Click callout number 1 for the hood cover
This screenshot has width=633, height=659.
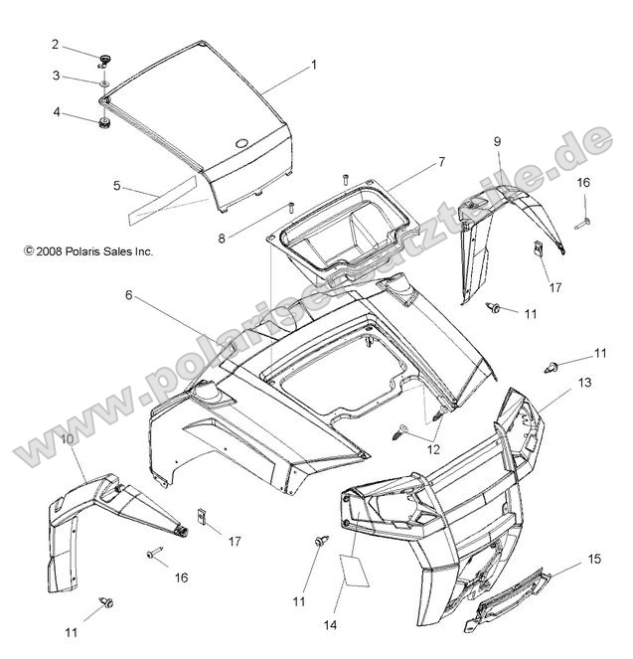pos(313,65)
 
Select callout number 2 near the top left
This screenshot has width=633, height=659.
pos(56,44)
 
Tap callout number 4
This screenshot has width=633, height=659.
pos(56,112)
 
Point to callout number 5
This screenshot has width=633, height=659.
pos(144,185)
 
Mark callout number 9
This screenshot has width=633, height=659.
pos(498,142)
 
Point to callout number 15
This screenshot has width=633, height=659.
pos(594,560)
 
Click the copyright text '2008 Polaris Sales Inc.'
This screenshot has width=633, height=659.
pos(88,252)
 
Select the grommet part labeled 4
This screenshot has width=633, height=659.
pos(103,123)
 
